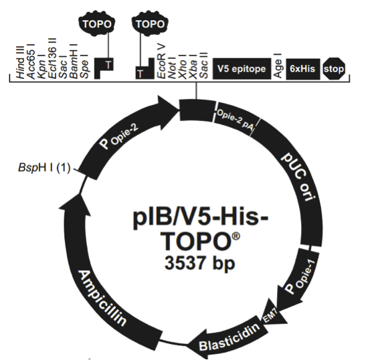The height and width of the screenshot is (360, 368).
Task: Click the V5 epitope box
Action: tap(242, 69)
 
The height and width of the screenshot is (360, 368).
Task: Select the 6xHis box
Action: tap(303, 69)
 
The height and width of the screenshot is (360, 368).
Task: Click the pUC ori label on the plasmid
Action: tap(298, 180)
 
